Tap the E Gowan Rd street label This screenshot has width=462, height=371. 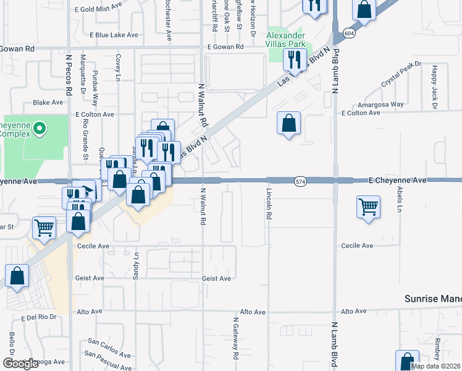224,47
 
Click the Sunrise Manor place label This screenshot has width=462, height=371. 433,299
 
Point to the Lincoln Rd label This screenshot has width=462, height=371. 269,205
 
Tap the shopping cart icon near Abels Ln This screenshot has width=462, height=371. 368,207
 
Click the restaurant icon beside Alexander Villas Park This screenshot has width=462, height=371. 295,60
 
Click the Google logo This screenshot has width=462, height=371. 20,364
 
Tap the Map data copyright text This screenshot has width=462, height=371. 435,366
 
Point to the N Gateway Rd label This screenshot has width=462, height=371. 235,339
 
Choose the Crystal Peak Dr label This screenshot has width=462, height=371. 400,73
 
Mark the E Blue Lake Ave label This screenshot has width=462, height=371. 114,35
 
